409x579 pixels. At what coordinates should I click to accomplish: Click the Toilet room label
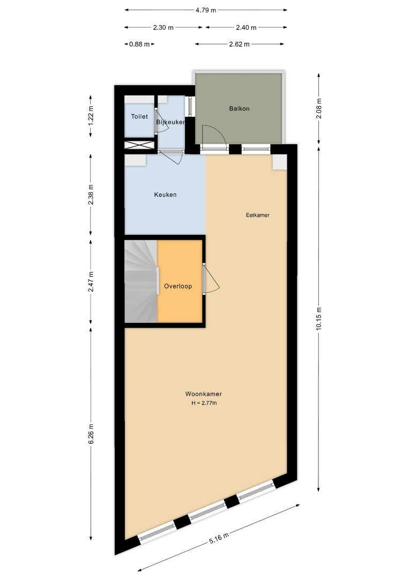coord(139,116)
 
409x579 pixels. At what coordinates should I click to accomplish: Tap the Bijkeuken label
coord(170,122)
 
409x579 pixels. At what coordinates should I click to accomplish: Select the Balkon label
coord(239,108)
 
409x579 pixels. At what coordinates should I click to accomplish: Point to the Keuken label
coord(165,195)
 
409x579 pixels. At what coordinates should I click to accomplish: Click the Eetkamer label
coord(258,215)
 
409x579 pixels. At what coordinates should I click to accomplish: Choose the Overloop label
coord(178,286)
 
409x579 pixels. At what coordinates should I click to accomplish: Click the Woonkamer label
coord(203,394)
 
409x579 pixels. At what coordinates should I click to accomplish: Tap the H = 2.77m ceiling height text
coord(204,403)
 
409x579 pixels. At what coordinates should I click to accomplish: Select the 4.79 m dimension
coord(206,10)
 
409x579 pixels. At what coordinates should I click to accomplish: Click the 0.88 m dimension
coord(139,44)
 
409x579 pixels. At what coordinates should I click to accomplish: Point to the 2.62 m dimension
coord(239,44)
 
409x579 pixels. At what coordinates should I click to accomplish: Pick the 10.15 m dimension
coord(319,318)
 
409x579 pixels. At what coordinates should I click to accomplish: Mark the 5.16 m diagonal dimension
coord(219,538)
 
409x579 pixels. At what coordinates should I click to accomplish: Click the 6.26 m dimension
coord(91,434)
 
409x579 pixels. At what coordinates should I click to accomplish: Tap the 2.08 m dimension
coord(319,108)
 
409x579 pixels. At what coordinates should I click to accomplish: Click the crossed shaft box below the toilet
coord(139,145)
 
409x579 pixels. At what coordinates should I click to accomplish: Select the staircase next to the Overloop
coord(141,281)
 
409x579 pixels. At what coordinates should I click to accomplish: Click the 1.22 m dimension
coord(91,116)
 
